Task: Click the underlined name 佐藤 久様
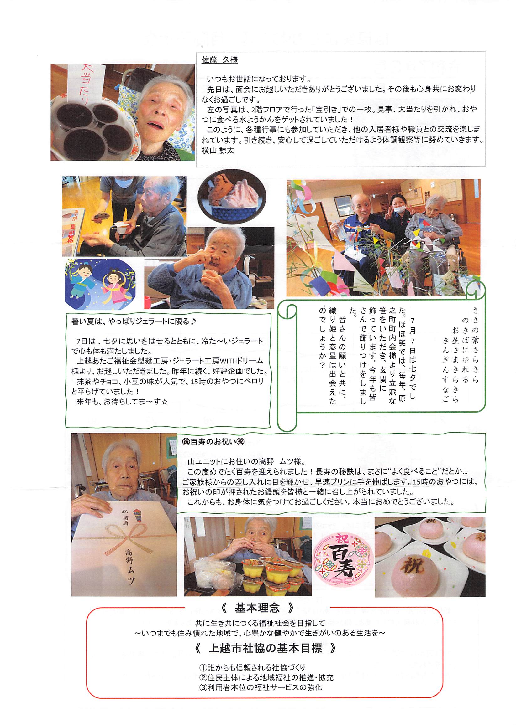(x=219, y=60)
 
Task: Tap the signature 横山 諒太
(x=218, y=150)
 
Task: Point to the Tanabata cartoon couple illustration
(x=100, y=284)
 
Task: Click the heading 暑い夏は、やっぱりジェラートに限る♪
(x=134, y=321)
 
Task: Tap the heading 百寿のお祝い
(x=213, y=442)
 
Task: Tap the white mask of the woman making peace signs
(x=398, y=209)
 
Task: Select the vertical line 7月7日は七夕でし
(x=412, y=354)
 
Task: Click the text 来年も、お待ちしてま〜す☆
(x=122, y=402)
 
